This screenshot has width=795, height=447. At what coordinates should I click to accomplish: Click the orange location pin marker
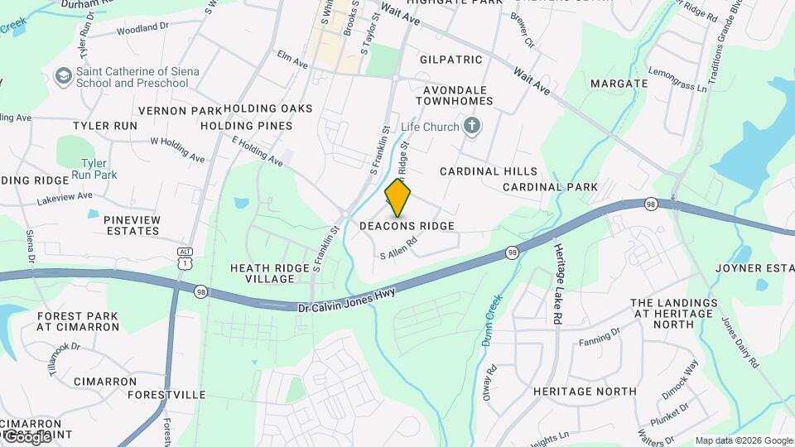click(398, 198)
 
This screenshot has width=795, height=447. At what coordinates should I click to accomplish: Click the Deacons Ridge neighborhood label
click(407, 226)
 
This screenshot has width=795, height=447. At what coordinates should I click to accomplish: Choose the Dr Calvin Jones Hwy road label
click(347, 300)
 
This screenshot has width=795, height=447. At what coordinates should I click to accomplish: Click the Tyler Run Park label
click(94, 169)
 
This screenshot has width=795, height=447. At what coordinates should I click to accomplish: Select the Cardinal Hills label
click(482, 171)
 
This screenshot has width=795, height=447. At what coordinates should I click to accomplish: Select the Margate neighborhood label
click(619, 84)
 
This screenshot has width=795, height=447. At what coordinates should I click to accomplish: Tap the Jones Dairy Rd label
click(740, 343)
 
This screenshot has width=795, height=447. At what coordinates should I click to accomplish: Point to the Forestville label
click(166, 395)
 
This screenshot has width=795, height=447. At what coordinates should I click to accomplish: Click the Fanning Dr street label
click(600, 336)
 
